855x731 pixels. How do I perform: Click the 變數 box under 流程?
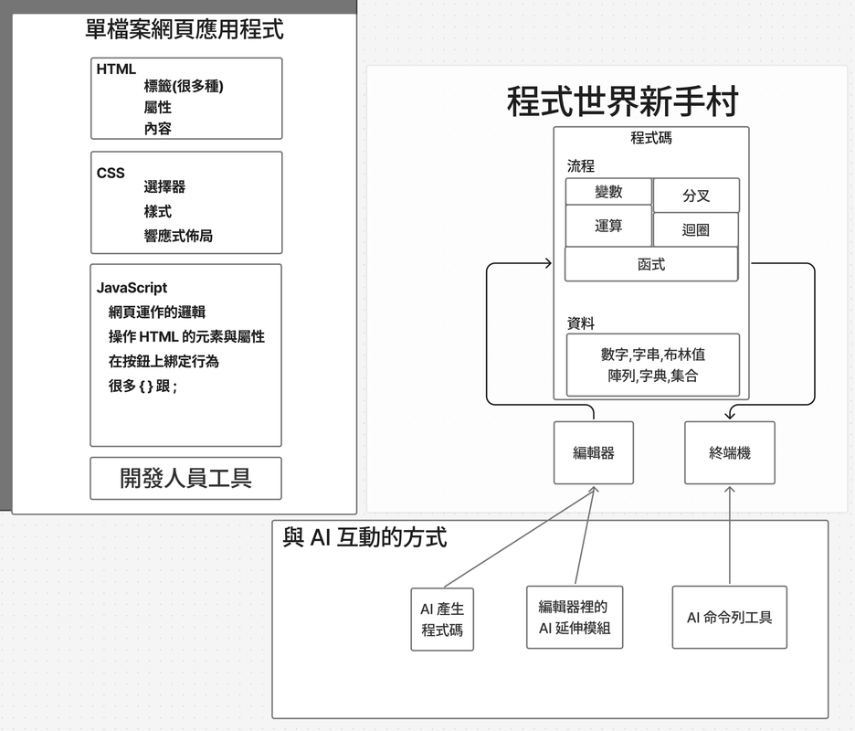click(x=608, y=192)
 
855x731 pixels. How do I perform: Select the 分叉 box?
click(x=696, y=196)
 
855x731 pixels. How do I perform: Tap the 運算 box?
click(x=608, y=226)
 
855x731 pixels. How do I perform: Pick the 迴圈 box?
click(x=696, y=230)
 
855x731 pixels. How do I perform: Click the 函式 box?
click(x=650, y=264)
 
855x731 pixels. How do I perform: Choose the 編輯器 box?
click(x=593, y=452)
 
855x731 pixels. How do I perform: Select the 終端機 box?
click(x=729, y=452)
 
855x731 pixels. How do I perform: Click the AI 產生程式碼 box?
click(x=442, y=620)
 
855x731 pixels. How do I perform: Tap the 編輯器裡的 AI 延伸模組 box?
click(x=575, y=618)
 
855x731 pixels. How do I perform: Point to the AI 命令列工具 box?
click(x=729, y=618)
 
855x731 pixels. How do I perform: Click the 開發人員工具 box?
click(x=185, y=478)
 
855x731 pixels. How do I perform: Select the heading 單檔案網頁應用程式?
click(x=184, y=30)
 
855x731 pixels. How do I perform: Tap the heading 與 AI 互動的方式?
click(x=365, y=537)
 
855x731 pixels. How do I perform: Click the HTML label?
click(x=116, y=69)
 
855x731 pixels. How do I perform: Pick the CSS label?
click(x=111, y=173)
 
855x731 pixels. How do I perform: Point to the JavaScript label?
click(x=132, y=288)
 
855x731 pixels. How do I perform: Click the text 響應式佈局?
click(x=178, y=236)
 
